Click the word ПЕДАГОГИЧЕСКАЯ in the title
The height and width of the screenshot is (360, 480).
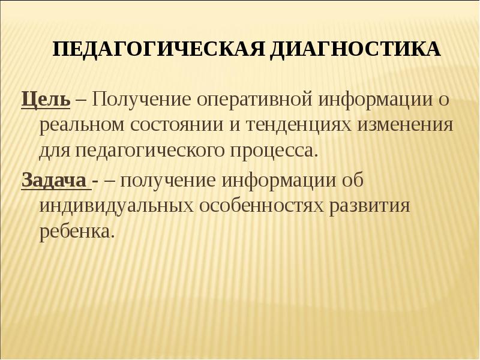pos(157,49)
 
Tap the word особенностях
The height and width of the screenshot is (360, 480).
pos(260,206)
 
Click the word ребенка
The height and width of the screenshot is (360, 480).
pos(76,232)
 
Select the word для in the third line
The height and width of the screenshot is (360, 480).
pos(55,151)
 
